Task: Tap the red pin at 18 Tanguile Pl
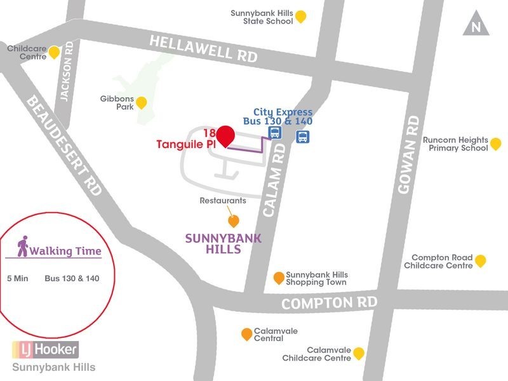pos(225,136)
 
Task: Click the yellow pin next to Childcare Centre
pos(55,52)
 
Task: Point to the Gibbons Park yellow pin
pos(142,102)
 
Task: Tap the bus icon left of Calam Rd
pos(275,133)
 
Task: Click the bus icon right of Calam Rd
pos(303,137)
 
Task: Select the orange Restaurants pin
pos(234,221)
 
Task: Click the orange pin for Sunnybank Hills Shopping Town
pos(278,277)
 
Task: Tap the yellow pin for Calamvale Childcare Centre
pos(359,353)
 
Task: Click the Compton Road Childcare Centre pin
pos(481,260)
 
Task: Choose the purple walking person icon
pos(23,246)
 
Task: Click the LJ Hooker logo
pos(45,349)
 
